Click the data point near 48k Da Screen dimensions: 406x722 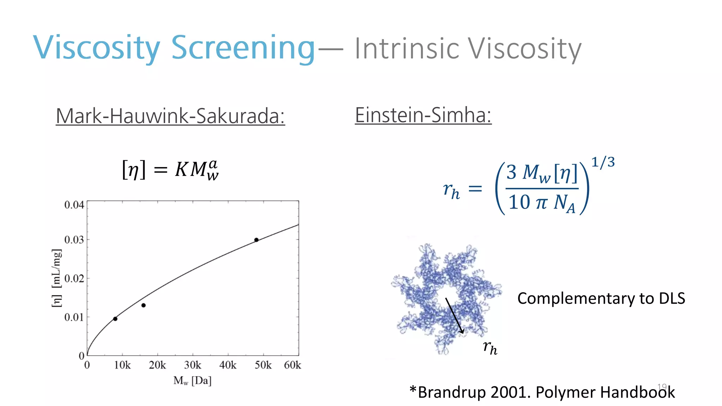[256, 240]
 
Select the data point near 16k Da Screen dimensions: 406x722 [143, 305]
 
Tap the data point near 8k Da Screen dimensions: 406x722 [115, 319]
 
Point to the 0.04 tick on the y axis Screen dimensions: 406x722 [74, 205]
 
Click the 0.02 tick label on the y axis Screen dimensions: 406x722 [74, 278]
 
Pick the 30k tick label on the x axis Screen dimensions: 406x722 [192, 365]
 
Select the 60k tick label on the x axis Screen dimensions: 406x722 [292, 365]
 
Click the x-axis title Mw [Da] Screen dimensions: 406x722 [192, 381]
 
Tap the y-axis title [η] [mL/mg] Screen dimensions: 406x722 [56, 278]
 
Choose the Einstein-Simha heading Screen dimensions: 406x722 [423, 115]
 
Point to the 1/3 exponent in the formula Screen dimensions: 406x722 [603, 162]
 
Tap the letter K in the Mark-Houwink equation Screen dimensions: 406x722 [181, 169]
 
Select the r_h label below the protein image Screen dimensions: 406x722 [490, 348]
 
